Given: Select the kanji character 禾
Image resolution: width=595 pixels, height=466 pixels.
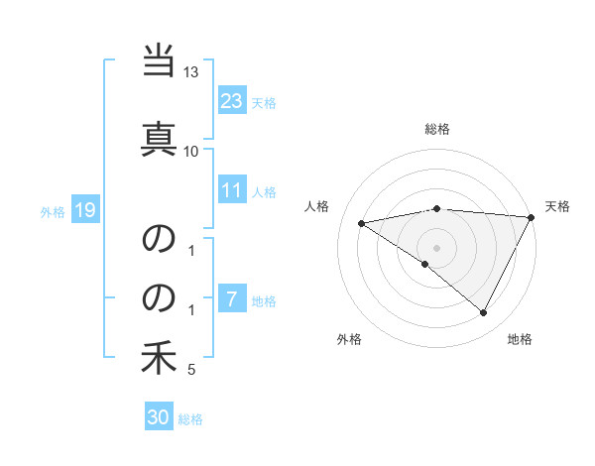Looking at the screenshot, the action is (159, 358).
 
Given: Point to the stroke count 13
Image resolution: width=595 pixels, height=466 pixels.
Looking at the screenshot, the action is (191, 72).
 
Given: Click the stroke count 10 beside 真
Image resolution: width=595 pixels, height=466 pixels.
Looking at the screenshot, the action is (191, 151).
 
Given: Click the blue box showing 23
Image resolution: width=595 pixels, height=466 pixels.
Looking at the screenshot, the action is (232, 100).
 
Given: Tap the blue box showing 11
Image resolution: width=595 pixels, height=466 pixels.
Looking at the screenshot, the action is (232, 190).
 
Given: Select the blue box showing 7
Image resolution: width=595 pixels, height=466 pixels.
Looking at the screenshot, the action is (232, 299).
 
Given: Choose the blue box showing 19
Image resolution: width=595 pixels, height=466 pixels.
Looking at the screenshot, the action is (84, 209).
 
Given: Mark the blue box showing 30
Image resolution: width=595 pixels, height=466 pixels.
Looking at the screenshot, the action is (159, 417).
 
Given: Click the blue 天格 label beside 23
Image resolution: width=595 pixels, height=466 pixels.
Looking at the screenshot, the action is (264, 102).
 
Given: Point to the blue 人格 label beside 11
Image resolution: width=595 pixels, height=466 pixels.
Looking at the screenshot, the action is (264, 192).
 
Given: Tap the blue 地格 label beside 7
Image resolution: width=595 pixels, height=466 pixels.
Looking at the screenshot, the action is (264, 301).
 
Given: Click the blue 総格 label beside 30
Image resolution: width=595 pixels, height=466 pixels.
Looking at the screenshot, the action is (190, 419).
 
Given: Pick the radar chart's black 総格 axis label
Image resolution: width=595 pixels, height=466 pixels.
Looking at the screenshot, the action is (437, 129).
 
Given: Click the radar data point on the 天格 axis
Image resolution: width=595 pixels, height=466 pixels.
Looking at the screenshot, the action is (532, 217).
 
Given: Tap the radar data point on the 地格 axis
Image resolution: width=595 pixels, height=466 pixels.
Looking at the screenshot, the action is (484, 312).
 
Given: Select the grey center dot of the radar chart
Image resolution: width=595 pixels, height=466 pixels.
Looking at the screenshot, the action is (436, 247).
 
